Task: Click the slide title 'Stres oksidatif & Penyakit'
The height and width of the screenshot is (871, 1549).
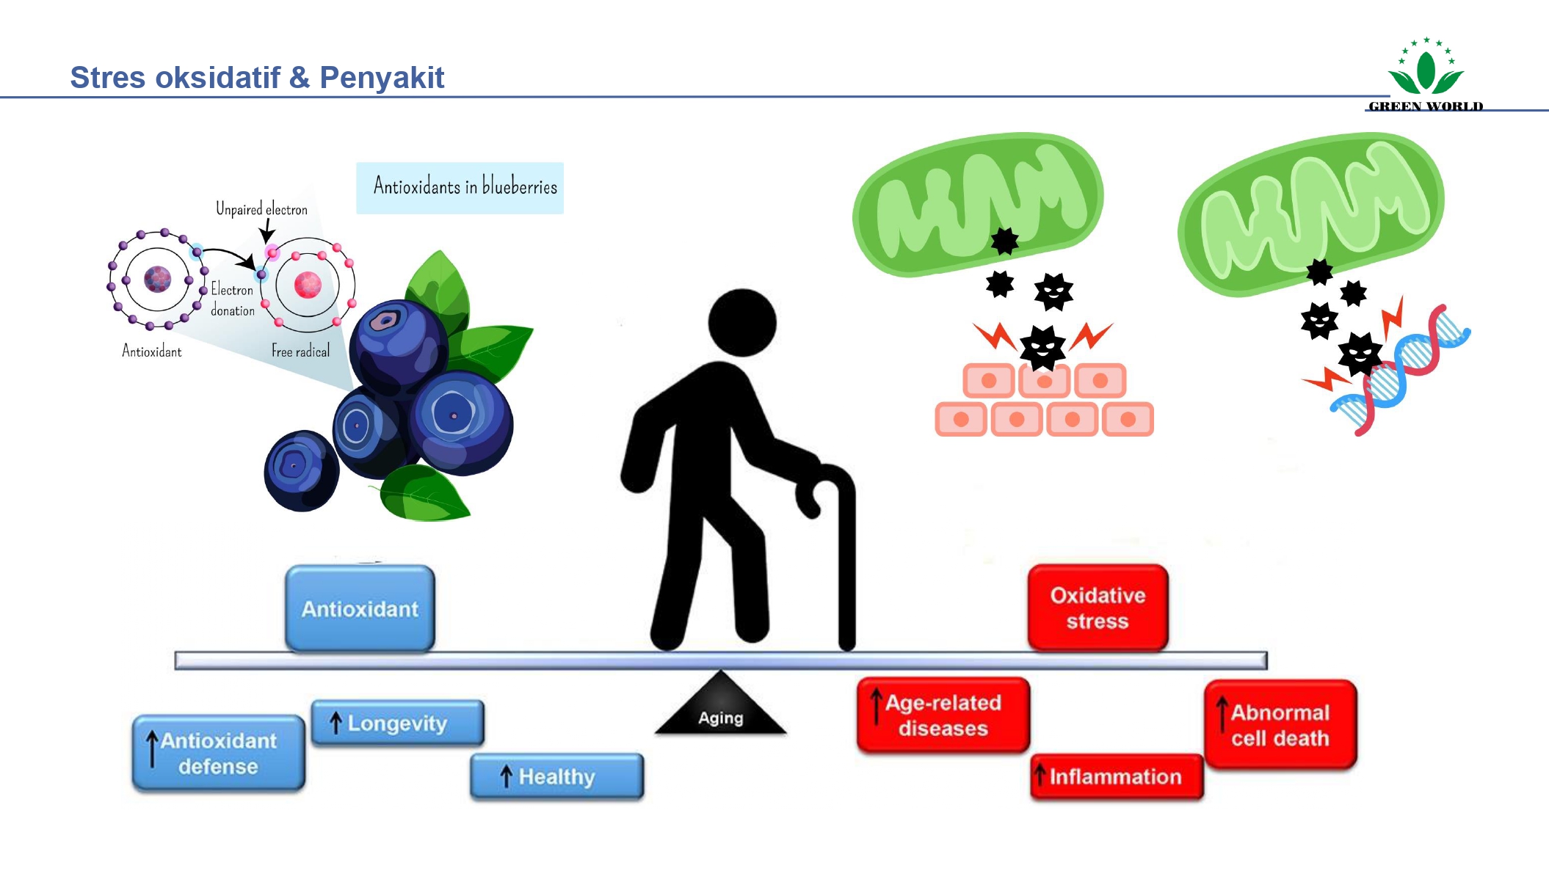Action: pyautogui.click(x=257, y=77)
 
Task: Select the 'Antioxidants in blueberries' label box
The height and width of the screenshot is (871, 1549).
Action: pyautogui.click(x=460, y=188)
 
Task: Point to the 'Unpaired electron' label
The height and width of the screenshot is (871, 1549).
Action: pyautogui.click(x=261, y=209)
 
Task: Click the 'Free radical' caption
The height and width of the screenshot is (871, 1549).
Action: pyautogui.click(x=300, y=351)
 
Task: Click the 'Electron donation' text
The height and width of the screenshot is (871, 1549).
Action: pyautogui.click(x=232, y=299)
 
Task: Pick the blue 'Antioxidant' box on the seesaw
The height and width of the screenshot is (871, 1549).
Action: pyautogui.click(x=360, y=608)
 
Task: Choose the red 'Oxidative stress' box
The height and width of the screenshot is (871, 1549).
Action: pyautogui.click(x=1098, y=608)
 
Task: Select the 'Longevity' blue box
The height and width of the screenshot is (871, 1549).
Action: pyautogui.click(x=397, y=723)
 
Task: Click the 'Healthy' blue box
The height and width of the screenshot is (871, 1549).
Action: pyautogui.click(x=556, y=776)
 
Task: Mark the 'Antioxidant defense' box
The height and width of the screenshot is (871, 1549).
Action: pyautogui.click(x=218, y=754)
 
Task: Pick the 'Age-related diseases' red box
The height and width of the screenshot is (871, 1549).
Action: pyautogui.click(x=943, y=715)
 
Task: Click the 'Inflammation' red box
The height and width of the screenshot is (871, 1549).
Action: pyautogui.click(x=1116, y=776)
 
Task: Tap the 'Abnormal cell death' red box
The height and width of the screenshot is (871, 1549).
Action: pyautogui.click(x=1280, y=725)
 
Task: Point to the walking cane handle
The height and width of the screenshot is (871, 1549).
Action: pyautogui.click(x=826, y=477)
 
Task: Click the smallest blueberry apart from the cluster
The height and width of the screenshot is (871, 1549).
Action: pyautogui.click(x=301, y=470)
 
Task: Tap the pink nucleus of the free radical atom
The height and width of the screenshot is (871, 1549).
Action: pyautogui.click(x=308, y=285)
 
